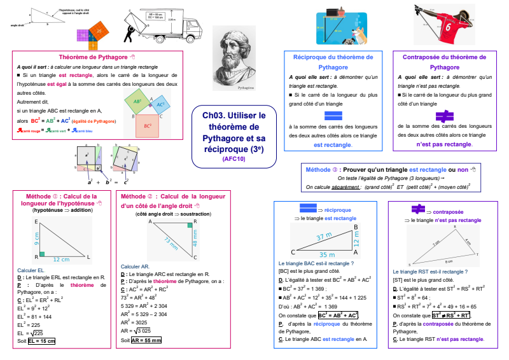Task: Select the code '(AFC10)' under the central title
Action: (234, 159)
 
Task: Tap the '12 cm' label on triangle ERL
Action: (62, 259)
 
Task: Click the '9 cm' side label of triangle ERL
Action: (38, 239)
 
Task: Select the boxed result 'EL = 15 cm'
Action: (41, 341)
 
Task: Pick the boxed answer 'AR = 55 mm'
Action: (146, 340)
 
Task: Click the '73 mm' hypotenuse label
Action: (171, 242)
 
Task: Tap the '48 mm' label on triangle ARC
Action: (195, 239)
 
